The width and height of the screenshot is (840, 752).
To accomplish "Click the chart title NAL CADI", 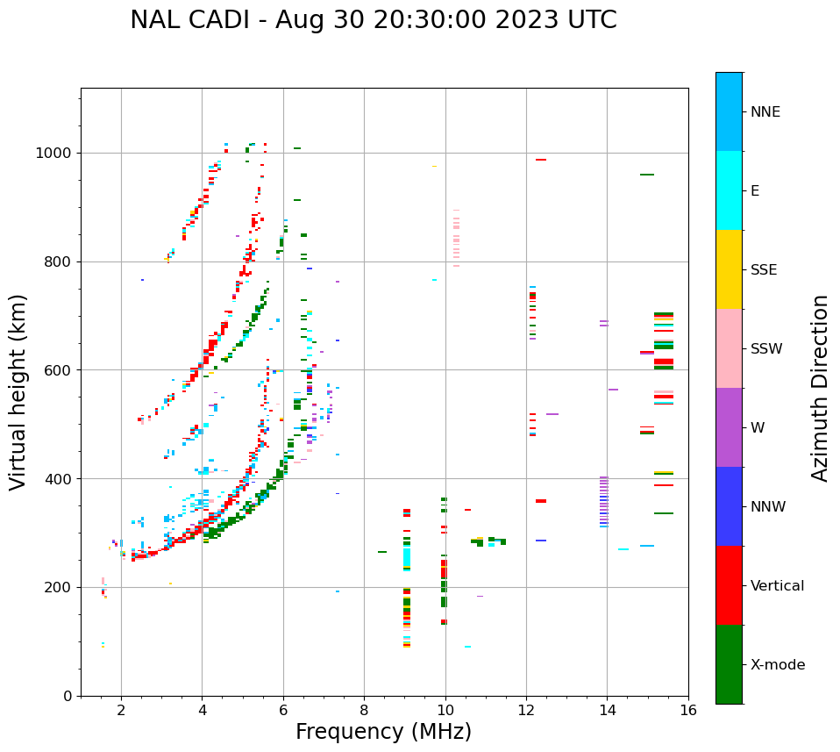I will pyautogui.click(x=373, y=20).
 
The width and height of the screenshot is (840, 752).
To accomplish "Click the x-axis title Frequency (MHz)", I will pyautogui.click(x=383, y=732).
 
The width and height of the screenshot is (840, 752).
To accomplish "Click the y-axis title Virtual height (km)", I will pyautogui.click(x=18, y=392).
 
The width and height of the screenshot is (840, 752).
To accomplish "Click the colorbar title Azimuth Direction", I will pyautogui.click(x=820, y=388).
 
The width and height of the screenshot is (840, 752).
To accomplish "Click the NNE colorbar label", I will pyautogui.click(x=765, y=112).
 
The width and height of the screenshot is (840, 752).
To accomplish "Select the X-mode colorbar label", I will pyautogui.click(x=777, y=665).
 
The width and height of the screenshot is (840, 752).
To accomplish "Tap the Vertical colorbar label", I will pyautogui.click(x=777, y=586).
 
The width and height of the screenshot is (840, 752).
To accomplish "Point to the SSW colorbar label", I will pyautogui.click(x=766, y=349).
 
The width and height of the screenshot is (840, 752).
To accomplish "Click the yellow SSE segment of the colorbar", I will pyautogui.click(x=729, y=269).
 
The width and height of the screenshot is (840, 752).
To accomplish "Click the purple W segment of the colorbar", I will pyautogui.click(x=729, y=427).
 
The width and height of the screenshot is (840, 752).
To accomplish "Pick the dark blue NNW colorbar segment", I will pyautogui.click(x=729, y=506).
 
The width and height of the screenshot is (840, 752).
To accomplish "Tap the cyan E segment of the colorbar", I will pyautogui.click(x=729, y=190).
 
